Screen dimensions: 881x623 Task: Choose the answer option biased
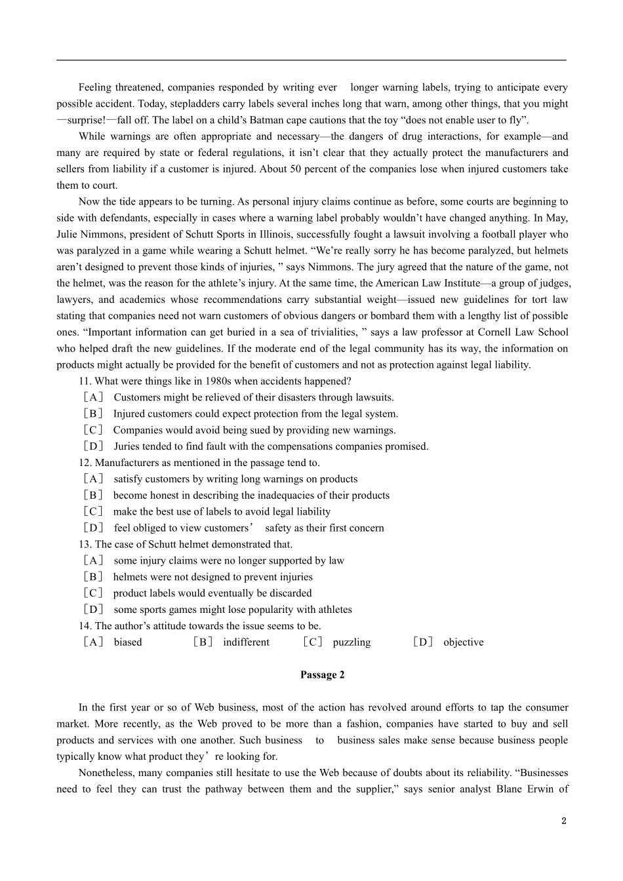(127, 642)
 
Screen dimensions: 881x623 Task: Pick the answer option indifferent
(246, 642)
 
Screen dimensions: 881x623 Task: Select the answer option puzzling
(352, 642)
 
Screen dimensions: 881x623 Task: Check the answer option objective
(463, 642)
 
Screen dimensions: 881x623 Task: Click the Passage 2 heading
(322, 675)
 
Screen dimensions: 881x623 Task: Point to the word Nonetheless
(106, 773)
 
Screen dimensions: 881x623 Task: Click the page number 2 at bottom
(563, 821)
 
